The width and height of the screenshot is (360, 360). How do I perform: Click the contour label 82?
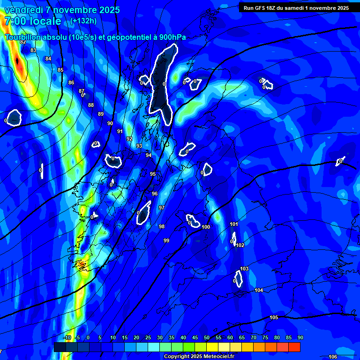click(23, 42)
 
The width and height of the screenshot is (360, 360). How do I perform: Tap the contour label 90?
click(110, 123)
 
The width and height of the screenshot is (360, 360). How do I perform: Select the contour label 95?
click(153, 174)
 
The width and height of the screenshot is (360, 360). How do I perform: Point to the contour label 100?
click(206, 227)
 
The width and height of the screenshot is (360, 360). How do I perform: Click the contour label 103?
click(244, 269)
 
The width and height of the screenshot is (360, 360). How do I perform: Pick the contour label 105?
click(274, 317)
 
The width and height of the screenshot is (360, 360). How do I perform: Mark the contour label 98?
click(162, 226)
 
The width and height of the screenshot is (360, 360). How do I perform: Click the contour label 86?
click(71, 82)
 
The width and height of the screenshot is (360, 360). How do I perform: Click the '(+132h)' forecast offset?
click(83, 21)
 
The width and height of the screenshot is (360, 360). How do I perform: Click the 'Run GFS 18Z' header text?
click(261, 8)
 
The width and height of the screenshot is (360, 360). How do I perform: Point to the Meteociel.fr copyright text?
click(199, 356)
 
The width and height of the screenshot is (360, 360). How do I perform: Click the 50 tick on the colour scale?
click(207, 338)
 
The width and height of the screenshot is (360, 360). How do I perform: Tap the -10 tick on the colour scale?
click(67, 338)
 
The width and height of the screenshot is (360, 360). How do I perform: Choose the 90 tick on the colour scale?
click(300, 338)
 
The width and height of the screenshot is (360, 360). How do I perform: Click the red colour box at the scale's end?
click(294, 347)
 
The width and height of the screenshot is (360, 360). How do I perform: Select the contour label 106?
click(333, 357)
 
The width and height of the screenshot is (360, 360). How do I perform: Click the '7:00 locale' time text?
click(33, 21)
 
